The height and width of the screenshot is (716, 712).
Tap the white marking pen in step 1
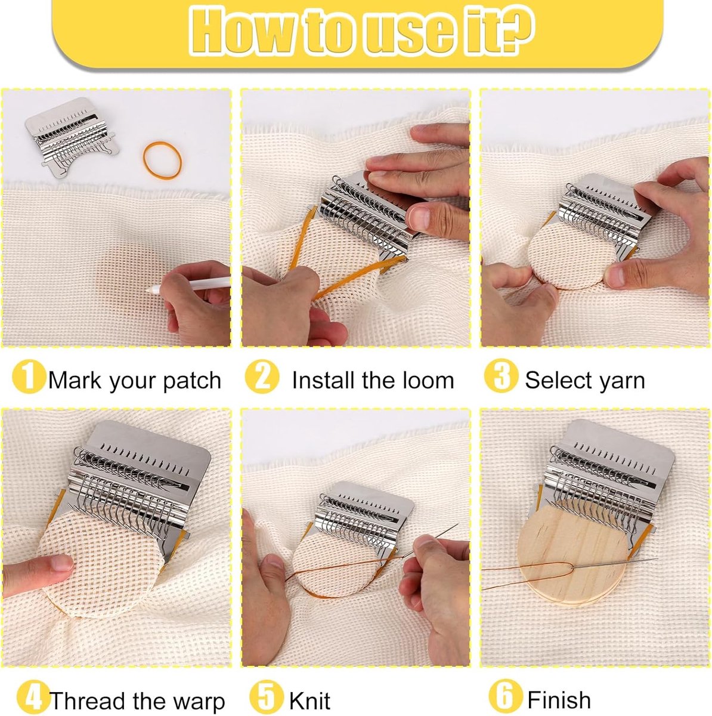(x=190, y=284)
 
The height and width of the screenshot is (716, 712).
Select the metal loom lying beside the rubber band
(x=72, y=137)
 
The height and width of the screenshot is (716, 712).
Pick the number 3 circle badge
(x=501, y=376)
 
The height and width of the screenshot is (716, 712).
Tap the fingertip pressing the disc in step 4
(x=61, y=564)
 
